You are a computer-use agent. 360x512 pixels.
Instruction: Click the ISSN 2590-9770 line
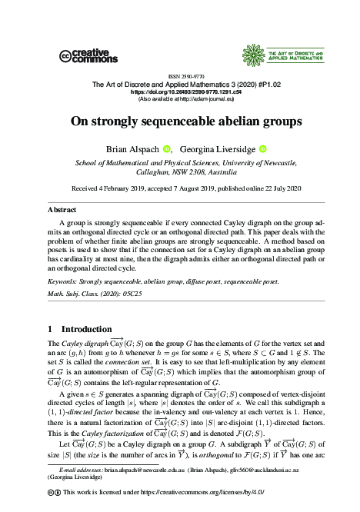coord(179,76)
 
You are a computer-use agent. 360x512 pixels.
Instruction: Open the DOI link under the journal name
coord(179,91)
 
